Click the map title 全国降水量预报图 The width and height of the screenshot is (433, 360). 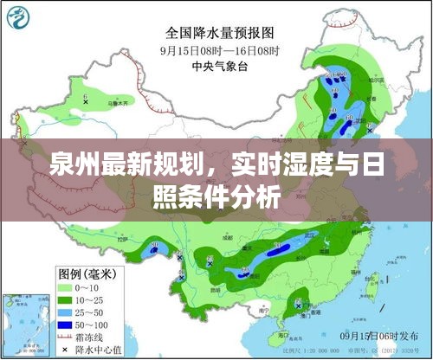(220, 33)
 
